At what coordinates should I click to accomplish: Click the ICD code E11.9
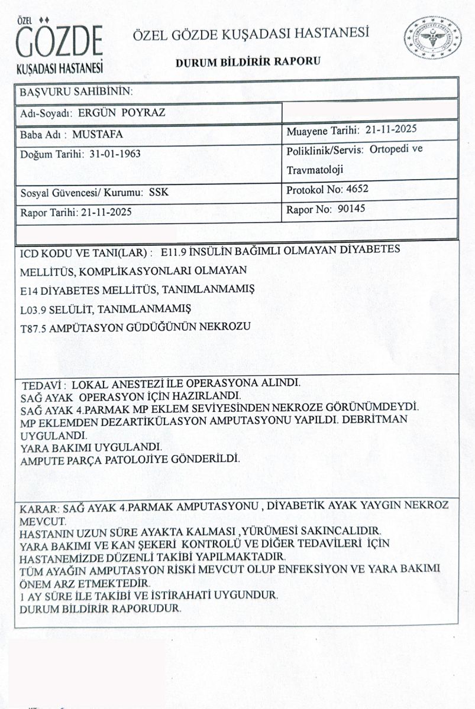click(x=177, y=251)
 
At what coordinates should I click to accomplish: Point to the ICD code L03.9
click(x=33, y=309)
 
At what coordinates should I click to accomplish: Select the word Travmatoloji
click(x=315, y=170)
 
